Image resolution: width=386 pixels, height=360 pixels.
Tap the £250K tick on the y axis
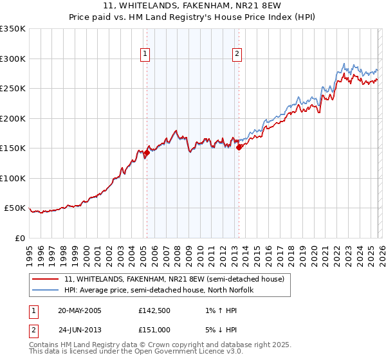coord(13,89)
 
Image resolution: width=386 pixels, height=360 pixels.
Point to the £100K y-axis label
coord(13,178)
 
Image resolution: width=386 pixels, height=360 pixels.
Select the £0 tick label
coord(21,238)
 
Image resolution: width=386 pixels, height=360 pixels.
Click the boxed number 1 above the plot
coord(146,55)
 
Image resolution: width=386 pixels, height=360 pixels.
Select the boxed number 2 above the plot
coord(237,55)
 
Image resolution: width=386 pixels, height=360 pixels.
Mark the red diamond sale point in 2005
coord(147,153)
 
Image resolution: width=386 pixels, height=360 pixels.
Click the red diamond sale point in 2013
coord(239,147)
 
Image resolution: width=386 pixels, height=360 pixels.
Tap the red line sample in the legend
coord(46,279)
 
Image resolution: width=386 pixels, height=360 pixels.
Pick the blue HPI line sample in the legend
coord(46,290)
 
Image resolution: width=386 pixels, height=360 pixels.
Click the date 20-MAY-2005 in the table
coord(80,310)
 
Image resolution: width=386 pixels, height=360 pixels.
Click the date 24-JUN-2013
coord(79,330)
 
